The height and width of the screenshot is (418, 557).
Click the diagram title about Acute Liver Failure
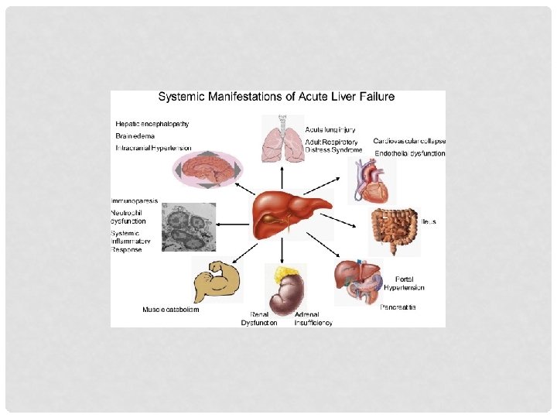276,98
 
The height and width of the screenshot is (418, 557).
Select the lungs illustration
282,139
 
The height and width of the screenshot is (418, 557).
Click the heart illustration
364,180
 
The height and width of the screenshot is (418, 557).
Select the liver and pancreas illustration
361,283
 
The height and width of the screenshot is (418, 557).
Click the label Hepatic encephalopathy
152,123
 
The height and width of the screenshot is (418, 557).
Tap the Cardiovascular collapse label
408,142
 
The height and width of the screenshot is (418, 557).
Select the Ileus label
429,221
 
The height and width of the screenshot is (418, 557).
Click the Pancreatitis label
398,307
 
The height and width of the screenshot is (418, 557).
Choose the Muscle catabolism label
171,310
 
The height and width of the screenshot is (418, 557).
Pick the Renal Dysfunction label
259,318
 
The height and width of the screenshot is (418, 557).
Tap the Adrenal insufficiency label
313,318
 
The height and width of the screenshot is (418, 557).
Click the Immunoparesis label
135,200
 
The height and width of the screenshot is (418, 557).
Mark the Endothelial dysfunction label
410,154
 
